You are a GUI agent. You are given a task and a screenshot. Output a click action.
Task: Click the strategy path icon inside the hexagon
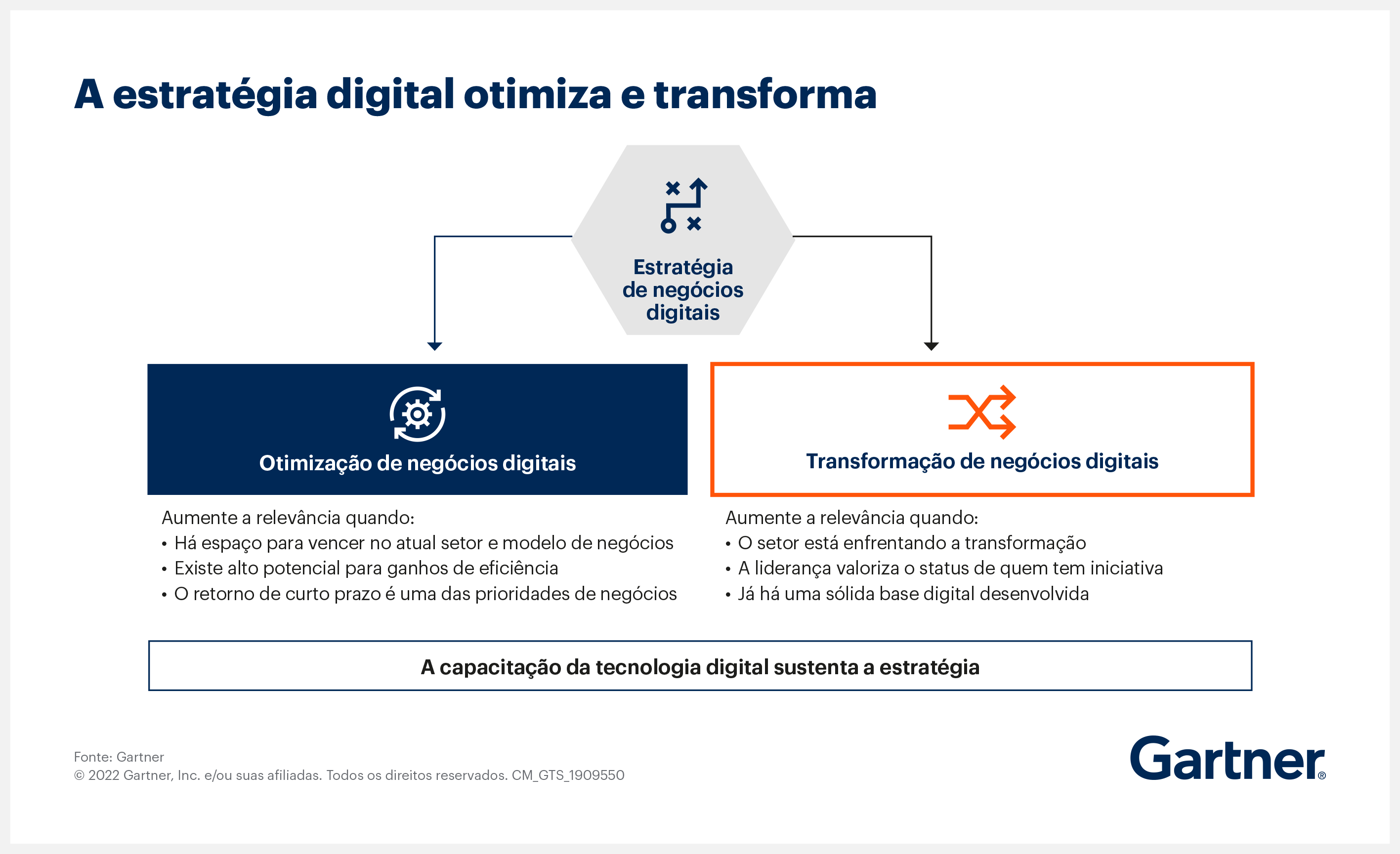683,205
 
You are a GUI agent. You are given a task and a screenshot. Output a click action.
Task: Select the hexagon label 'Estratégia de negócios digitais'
683,289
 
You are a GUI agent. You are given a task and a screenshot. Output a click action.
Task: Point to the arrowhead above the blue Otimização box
435,346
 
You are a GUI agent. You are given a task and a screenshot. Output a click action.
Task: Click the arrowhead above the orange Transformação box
931,346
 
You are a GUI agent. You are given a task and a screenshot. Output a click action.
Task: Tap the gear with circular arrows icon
418,414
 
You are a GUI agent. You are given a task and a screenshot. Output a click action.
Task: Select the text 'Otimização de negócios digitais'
418,463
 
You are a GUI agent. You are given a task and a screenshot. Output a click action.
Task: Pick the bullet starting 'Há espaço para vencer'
418,543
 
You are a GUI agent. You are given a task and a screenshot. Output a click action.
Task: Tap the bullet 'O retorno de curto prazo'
420,594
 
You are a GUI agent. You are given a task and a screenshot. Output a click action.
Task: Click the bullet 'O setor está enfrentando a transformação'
906,543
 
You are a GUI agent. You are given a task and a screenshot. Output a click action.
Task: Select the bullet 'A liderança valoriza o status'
944,569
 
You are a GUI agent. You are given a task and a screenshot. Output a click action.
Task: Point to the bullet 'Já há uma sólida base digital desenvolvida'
907,594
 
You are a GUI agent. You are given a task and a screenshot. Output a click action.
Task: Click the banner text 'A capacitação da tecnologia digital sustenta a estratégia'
700,668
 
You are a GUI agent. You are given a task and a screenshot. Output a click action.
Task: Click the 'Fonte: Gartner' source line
119,757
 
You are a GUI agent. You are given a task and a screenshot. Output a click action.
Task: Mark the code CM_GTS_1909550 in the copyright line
568,775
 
